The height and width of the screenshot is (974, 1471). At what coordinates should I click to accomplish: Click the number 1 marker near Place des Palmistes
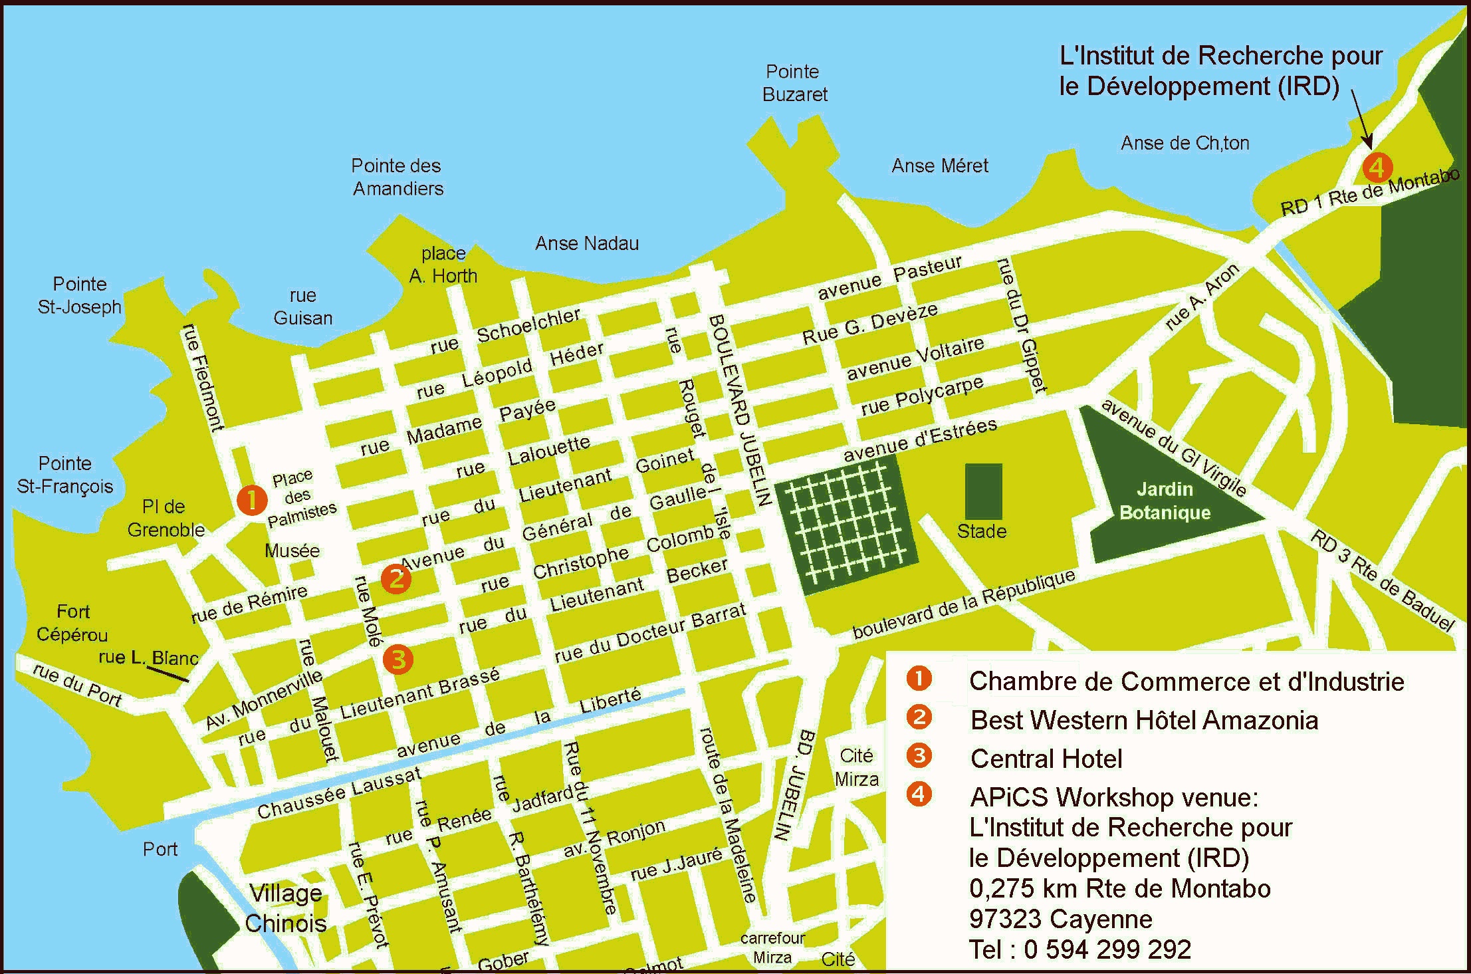252,500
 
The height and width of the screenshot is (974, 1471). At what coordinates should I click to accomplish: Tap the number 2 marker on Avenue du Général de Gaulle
396,578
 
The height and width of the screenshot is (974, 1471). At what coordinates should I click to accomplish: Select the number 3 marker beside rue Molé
398,660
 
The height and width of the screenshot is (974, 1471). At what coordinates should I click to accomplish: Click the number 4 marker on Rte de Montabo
1377,168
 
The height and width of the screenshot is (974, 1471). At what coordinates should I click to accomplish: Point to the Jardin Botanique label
1165,501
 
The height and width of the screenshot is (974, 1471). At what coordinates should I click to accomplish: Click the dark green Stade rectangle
983,491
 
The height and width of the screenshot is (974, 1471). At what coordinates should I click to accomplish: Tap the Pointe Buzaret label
794,83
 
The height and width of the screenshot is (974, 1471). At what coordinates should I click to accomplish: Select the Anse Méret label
939,166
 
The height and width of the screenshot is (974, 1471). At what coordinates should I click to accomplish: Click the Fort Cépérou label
72,623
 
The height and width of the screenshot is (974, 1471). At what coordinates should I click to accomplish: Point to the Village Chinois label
286,908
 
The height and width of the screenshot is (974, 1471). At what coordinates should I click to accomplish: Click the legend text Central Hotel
1046,759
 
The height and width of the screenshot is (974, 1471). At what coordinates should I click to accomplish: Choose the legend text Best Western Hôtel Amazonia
1143,720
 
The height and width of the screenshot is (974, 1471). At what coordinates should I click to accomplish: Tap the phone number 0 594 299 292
1107,949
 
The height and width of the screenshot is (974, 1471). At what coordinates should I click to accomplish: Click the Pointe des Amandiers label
397,177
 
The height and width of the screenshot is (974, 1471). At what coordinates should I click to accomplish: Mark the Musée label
292,550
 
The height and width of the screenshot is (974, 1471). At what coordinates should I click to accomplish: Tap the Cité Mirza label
856,767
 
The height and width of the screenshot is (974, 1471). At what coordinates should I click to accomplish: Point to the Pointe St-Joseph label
79,295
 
